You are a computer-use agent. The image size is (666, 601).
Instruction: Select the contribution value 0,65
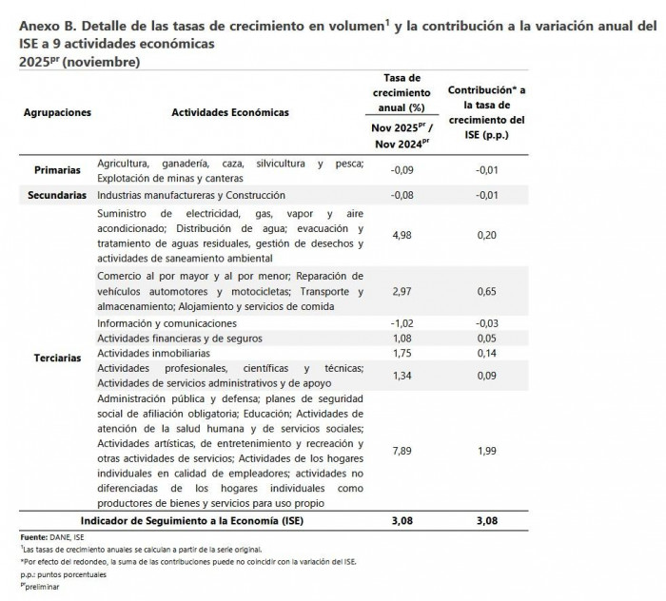click(486, 293)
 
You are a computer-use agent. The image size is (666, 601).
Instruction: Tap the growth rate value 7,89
click(407, 455)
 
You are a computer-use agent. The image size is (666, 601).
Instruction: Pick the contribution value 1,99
click(486, 455)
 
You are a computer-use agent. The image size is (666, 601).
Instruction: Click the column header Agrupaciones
click(58, 112)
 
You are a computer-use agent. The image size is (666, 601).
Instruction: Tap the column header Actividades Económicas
click(230, 112)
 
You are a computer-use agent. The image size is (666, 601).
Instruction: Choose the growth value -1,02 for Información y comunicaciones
click(406, 323)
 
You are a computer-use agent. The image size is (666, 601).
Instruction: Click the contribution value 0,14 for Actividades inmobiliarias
click(486, 354)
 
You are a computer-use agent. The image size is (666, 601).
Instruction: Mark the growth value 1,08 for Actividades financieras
click(407, 339)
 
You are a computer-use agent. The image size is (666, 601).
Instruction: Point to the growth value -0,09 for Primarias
click(406, 171)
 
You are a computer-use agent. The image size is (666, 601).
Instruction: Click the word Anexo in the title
click(39, 27)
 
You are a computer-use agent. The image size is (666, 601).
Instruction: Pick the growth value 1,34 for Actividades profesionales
click(407, 376)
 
